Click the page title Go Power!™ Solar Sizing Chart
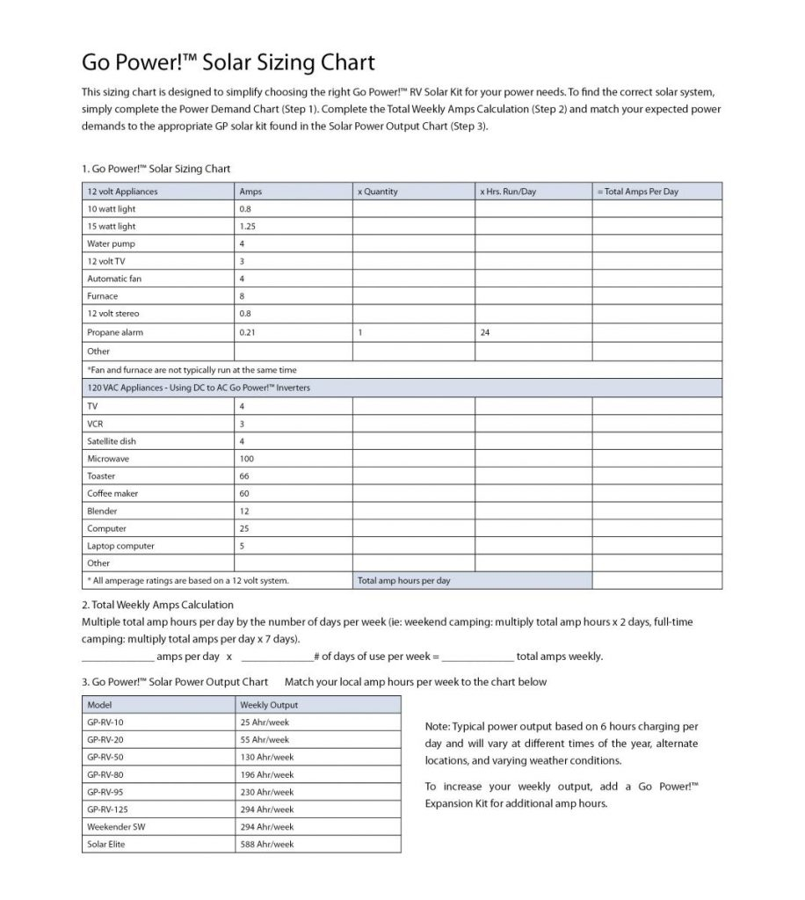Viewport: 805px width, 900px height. (228, 62)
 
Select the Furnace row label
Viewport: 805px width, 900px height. (103, 296)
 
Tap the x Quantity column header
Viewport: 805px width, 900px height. (378, 192)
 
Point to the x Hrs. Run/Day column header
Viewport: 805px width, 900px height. (508, 192)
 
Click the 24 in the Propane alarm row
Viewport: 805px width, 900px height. (485, 332)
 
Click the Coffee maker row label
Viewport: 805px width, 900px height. (112, 493)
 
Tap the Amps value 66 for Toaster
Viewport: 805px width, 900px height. (244, 476)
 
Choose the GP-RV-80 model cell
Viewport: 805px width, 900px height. (105, 774)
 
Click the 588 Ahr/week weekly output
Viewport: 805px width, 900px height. (266, 844)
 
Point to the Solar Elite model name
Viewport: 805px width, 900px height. (108, 844)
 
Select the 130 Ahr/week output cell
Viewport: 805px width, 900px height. (266, 757)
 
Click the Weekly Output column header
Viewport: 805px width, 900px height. (269, 705)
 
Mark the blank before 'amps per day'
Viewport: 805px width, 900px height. (117, 657)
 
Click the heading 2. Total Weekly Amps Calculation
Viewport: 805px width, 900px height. (157, 605)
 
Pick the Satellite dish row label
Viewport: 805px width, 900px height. (110, 441)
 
